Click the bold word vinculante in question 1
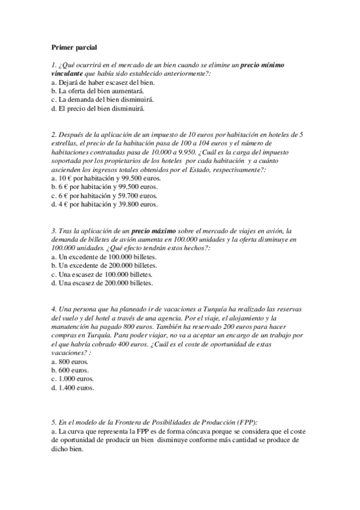coord(70,72)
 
